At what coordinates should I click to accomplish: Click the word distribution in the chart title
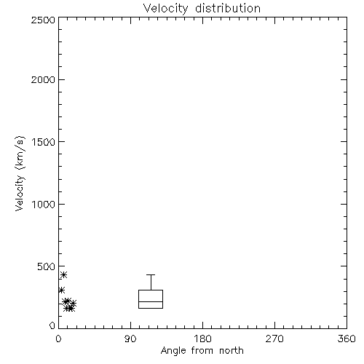tap(228, 9)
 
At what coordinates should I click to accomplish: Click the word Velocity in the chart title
tap(166, 9)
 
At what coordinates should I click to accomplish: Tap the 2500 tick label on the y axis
tap(43, 20)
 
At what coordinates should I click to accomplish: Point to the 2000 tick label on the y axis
tap(43, 79)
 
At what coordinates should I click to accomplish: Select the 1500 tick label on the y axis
tap(44, 142)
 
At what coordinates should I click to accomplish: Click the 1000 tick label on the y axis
tap(44, 205)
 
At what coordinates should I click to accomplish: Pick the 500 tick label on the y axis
tap(47, 266)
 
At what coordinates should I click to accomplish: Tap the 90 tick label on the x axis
tap(130, 339)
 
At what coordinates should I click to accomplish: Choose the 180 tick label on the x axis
tap(202, 339)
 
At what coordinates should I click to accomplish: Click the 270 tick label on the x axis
tap(274, 339)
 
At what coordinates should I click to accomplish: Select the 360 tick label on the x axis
tap(347, 339)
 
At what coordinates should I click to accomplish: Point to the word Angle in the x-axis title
tap(173, 351)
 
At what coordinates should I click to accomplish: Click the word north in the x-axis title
tap(232, 350)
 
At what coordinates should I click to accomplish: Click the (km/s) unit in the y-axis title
tap(20, 153)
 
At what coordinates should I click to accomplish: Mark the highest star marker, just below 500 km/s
tap(63, 274)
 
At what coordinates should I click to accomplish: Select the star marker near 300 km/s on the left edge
tap(62, 290)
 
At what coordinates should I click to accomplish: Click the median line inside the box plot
tap(151, 301)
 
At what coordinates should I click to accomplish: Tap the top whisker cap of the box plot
tap(151, 274)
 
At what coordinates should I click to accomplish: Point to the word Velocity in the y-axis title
tap(20, 193)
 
